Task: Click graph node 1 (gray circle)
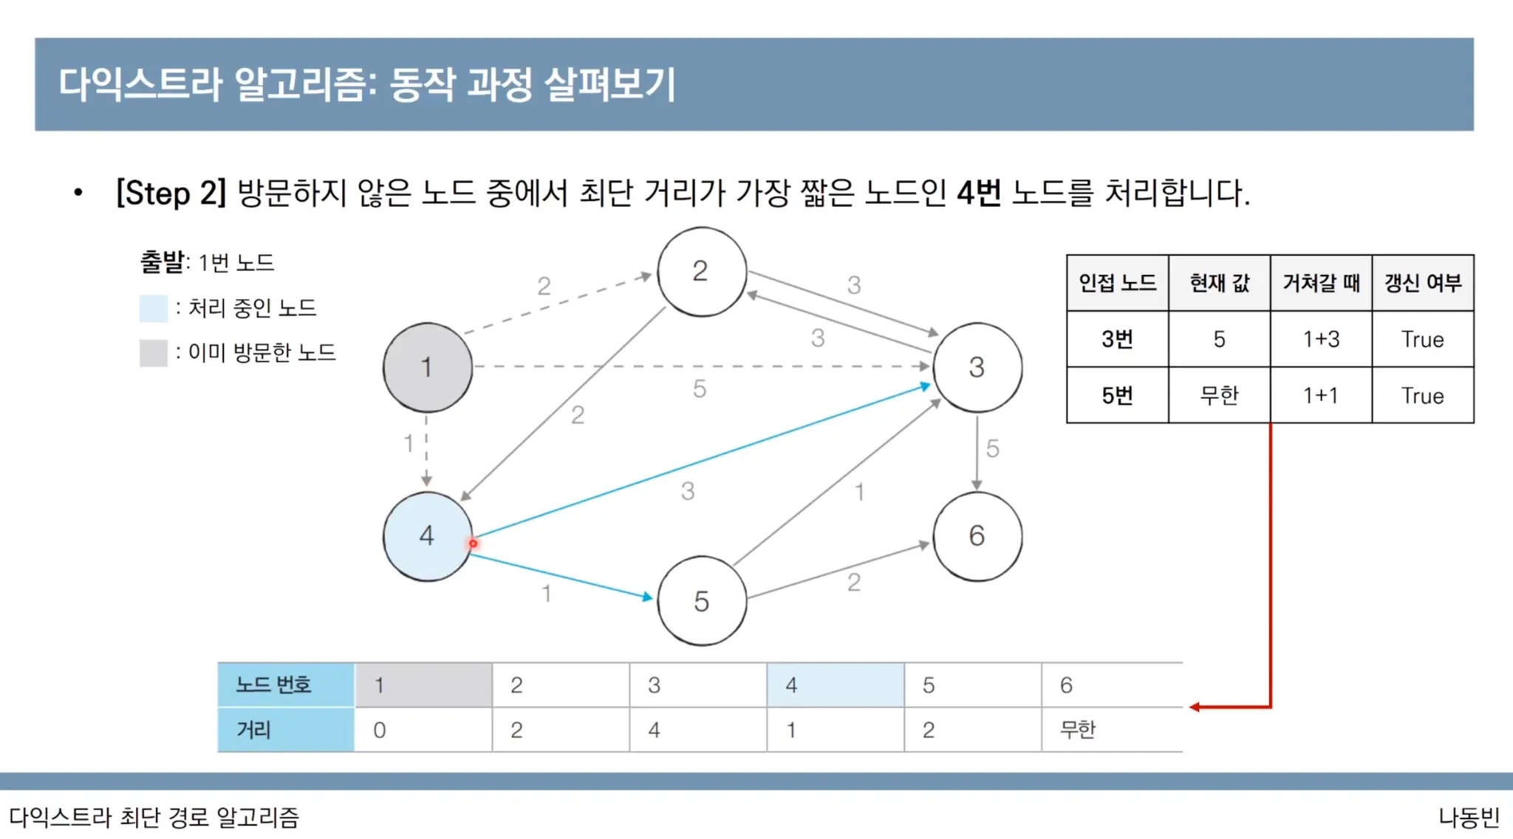point(427,367)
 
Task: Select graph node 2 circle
point(701,271)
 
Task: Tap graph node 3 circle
point(977,367)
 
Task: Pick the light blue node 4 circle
point(427,535)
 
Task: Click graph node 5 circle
point(701,601)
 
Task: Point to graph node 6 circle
point(977,535)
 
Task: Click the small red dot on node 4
point(473,544)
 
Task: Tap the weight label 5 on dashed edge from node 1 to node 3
point(699,388)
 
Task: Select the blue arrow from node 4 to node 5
point(561,576)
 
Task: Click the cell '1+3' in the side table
point(1321,339)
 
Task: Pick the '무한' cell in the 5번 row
point(1219,396)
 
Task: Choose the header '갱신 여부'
point(1423,283)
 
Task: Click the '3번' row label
point(1117,339)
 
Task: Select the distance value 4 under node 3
point(654,730)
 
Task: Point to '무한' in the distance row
point(1078,730)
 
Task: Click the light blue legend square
point(154,308)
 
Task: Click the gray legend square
point(154,353)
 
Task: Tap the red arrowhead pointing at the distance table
point(1195,707)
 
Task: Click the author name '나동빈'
point(1468,818)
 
